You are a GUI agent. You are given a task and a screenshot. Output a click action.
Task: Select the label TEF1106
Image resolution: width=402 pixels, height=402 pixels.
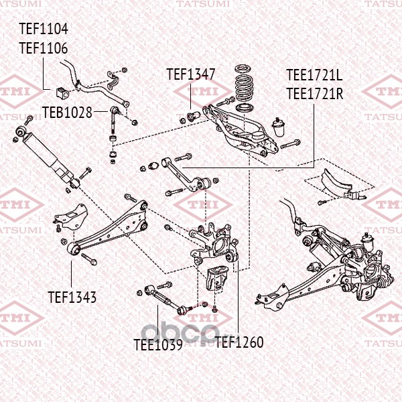click(44, 48)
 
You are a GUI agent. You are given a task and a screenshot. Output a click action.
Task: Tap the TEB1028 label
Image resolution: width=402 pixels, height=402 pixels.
click(68, 112)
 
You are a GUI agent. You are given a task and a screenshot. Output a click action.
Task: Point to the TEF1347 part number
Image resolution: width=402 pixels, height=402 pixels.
click(191, 74)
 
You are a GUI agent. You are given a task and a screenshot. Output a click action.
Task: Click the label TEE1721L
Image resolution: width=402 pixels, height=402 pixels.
click(314, 75)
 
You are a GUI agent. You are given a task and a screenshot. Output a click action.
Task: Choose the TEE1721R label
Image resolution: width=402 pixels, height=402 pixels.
click(314, 93)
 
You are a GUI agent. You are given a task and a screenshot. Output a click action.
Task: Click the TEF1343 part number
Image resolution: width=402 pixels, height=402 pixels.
click(72, 296)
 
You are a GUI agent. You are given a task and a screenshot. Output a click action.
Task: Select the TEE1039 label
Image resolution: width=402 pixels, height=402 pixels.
click(158, 345)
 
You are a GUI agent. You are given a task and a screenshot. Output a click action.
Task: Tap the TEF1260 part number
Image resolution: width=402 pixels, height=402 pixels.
click(239, 342)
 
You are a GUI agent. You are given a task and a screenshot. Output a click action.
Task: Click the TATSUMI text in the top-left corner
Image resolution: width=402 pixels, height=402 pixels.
click(20, 4)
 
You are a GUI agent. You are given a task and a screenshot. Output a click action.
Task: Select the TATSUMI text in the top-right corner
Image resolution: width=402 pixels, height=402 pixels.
click(382, 4)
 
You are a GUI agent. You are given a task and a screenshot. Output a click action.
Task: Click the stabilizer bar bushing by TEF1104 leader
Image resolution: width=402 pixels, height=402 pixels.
click(66, 88)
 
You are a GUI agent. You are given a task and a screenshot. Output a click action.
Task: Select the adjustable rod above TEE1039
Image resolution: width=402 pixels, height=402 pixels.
click(165, 299)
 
